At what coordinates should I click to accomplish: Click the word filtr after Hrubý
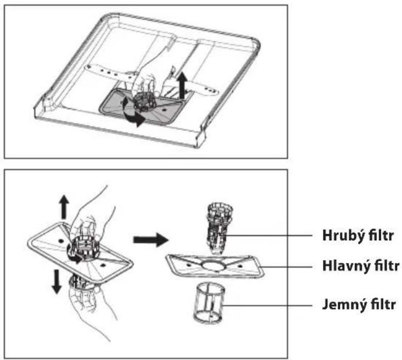(381, 235)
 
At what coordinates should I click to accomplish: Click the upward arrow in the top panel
(182, 85)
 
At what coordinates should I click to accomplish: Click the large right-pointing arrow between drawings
(150, 240)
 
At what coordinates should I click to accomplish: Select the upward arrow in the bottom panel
(64, 207)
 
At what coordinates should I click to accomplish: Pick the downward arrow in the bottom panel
(57, 282)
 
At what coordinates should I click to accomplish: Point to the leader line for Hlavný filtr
(286, 267)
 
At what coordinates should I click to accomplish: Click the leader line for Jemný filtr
(267, 306)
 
